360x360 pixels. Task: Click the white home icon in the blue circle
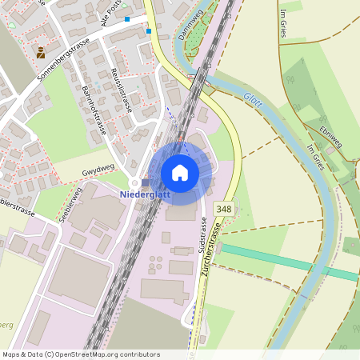(180, 172)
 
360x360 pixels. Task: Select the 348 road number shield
(224, 209)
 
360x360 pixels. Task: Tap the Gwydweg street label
(98, 172)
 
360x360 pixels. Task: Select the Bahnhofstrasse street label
(94, 112)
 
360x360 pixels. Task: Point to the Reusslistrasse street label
(126, 88)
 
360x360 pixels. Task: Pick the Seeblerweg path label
(70, 204)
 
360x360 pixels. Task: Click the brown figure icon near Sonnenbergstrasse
(40, 52)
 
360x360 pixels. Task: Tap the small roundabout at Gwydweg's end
(134, 182)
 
